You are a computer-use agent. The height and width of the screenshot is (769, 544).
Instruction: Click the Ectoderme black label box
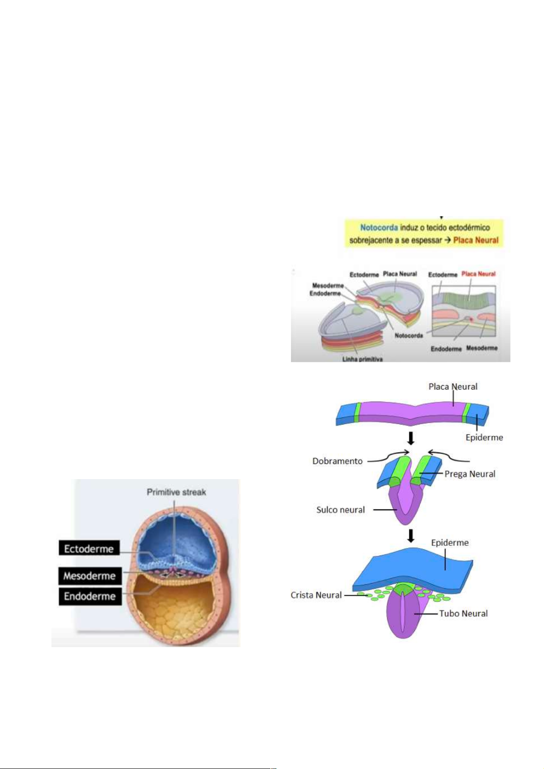[x=89, y=548]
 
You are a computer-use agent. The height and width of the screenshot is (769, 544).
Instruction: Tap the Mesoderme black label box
[x=90, y=575]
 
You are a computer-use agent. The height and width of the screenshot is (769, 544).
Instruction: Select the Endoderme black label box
[x=90, y=596]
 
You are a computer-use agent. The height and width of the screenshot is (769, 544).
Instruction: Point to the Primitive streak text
[x=176, y=492]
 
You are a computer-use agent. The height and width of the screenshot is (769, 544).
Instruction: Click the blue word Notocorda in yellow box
[x=379, y=227]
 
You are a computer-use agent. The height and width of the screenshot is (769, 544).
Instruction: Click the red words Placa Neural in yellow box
[x=475, y=240]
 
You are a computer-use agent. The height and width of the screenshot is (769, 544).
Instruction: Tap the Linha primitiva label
[x=362, y=359]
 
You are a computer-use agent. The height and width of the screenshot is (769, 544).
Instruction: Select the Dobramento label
[x=337, y=461]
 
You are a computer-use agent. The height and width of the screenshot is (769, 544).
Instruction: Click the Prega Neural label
[x=470, y=474]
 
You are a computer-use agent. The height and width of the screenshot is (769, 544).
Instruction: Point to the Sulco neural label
[x=340, y=510]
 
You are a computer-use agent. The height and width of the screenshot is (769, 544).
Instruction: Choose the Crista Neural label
[x=316, y=595]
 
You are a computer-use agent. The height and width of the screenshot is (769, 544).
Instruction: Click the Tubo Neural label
[x=463, y=614]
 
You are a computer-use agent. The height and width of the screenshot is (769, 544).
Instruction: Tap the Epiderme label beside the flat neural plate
[x=484, y=437]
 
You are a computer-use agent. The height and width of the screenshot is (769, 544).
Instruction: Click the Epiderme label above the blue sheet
[x=449, y=543]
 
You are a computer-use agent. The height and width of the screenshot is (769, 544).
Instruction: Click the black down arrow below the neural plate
[x=411, y=439]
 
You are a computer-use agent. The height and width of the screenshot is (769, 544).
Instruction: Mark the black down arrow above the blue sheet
[x=411, y=535]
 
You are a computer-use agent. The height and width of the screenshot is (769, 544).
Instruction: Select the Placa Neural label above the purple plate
[x=453, y=387]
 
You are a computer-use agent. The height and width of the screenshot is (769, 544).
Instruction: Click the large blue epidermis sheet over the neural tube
[x=411, y=568]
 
